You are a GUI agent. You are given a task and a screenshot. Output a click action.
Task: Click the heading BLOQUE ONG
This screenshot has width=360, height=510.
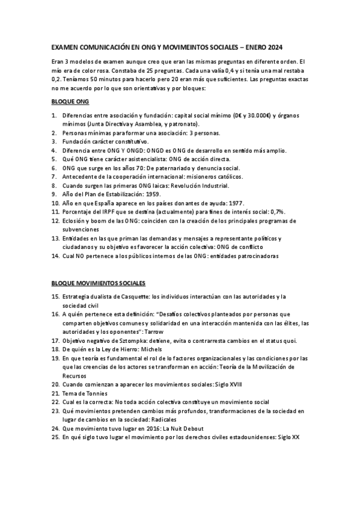click(70, 102)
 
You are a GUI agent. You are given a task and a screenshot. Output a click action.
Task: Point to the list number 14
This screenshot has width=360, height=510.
click(55, 256)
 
